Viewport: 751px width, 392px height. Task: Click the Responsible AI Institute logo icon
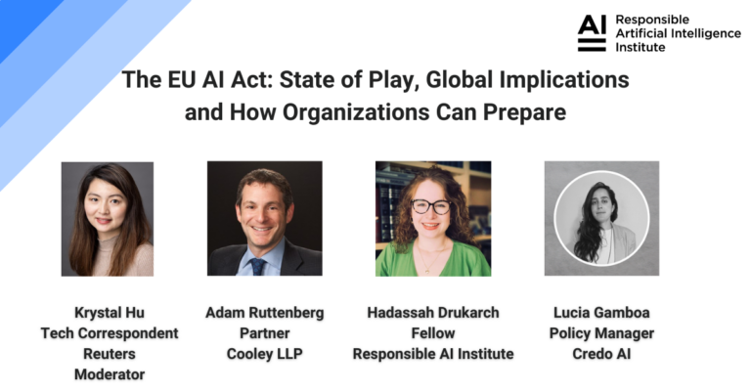pyautogui.click(x=591, y=33)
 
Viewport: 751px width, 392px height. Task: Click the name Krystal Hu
pyautogui.click(x=109, y=313)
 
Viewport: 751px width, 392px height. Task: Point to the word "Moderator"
pyautogui.click(x=109, y=374)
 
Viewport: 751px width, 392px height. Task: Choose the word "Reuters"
pyautogui.click(x=109, y=354)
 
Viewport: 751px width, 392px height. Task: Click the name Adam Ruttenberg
pyautogui.click(x=264, y=313)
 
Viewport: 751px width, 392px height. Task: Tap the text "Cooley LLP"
pyautogui.click(x=264, y=354)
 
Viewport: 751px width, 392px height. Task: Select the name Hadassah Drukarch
pyautogui.click(x=433, y=313)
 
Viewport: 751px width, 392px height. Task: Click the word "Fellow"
pyautogui.click(x=433, y=333)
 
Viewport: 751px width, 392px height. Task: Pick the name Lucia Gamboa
pyautogui.click(x=599, y=313)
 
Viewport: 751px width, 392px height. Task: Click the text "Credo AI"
pyautogui.click(x=599, y=354)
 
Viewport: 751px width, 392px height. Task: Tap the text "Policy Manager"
pyautogui.click(x=599, y=333)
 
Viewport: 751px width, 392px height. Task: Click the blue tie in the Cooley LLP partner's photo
pyautogui.click(x=258, y=265)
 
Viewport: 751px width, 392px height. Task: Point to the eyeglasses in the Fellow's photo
pyautogui.click(x=430, y=206)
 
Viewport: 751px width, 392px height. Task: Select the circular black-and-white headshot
pyautogui.click(x=600, y=219)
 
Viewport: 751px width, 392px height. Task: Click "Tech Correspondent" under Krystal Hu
pyautogui.click(x=109, y=333)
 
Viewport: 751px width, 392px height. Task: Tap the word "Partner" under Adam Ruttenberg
pyautogui.click(x=264, y=333)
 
